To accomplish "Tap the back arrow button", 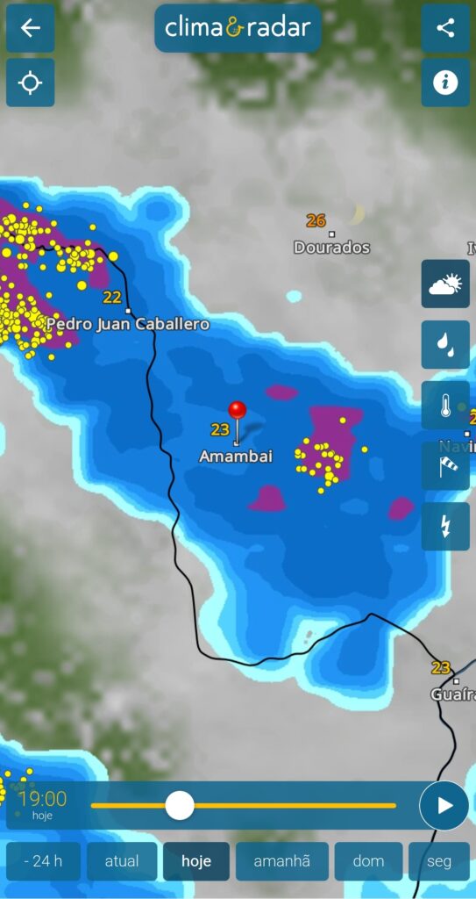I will point(31,28).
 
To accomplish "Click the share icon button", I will point(445,28).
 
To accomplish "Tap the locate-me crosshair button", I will point(31,83).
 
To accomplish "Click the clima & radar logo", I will point(238,28).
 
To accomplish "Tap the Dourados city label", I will point(331,248).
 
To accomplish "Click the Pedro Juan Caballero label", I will point(128,324).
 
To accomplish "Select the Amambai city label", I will point(236,457).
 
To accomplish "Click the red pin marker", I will point(237,410).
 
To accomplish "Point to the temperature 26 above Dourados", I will point(316,220).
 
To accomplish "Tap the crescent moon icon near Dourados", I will point(355,213).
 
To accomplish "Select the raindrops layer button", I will point(445,344).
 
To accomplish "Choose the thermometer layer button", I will point(445,405).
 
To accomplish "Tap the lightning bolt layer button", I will point(445,526).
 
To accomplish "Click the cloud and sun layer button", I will point(445,284).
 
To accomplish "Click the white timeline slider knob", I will point(180,805).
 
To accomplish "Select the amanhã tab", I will point(281,861).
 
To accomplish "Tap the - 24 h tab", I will point(43,861).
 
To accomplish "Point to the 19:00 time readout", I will point(42,799).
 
